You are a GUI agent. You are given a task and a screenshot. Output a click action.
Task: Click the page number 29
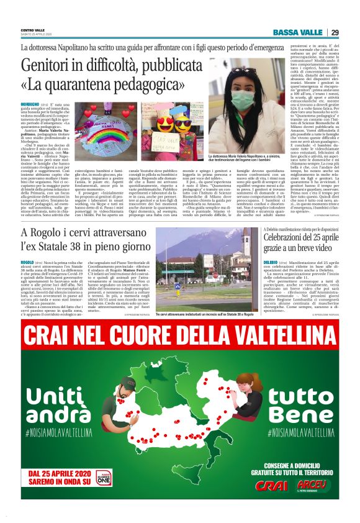tap(335, 32)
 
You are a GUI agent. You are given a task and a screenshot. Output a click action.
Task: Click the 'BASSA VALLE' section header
tap(299, 32)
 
